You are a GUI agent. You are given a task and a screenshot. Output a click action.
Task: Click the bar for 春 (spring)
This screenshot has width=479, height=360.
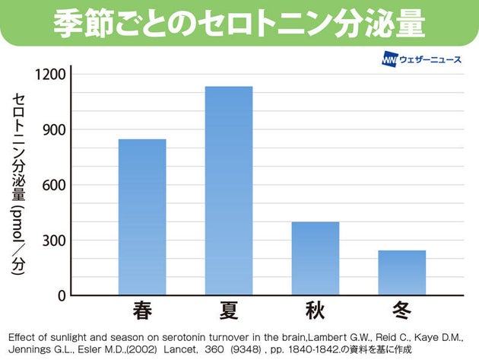pos(142,217)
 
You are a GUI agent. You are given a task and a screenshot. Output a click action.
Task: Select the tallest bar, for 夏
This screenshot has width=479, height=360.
pos(229,190)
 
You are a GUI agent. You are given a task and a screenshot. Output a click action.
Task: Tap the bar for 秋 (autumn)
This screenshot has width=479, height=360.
pos(316,258)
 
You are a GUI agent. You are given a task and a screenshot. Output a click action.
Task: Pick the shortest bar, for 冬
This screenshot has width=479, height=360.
pos(402,272)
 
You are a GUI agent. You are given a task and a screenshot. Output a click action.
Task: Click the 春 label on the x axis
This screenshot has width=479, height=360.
pos(142,311)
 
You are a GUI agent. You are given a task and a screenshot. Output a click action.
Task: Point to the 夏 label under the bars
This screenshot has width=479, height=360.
pos(229,311)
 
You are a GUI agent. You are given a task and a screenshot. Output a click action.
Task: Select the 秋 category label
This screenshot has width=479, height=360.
pos(316,311)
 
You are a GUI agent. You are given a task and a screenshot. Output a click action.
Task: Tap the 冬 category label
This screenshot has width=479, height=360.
pos(402,311)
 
